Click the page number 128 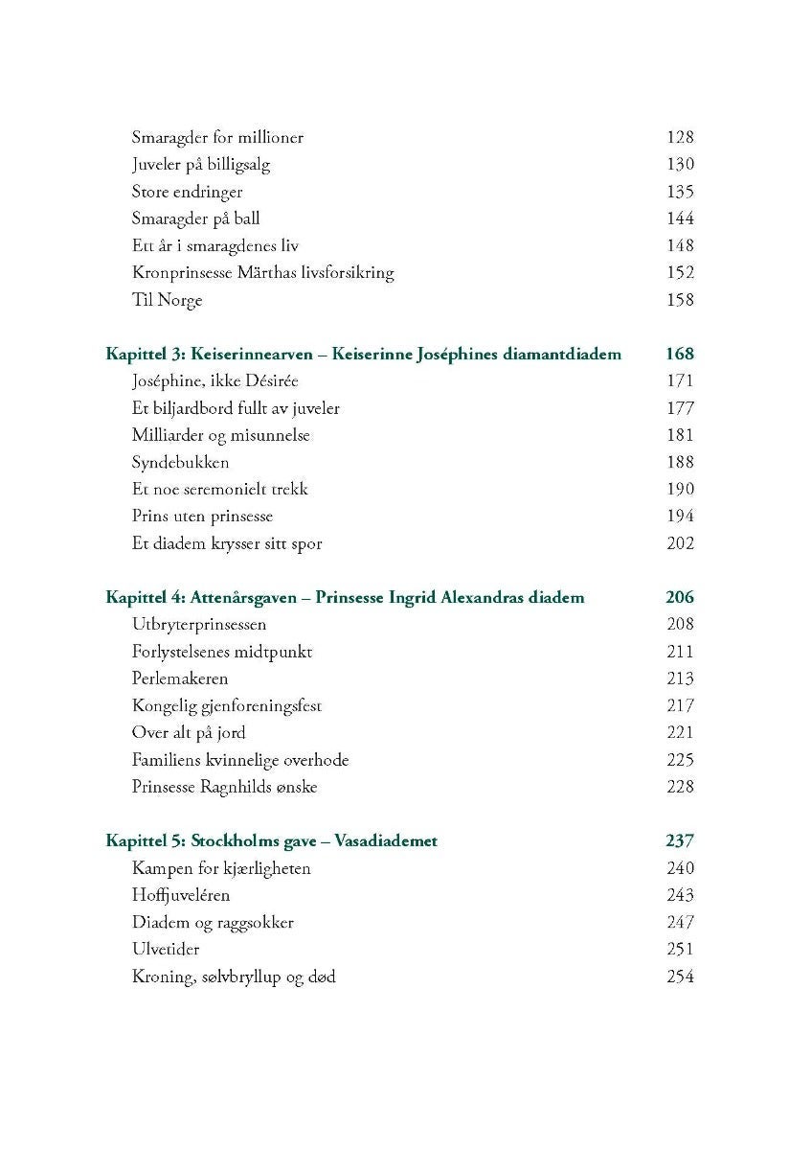pyautogui.click(x=679, y=137)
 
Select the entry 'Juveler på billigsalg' pyautogui.click(x=201, y=164)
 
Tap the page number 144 pyautogui.click(x=679, y=218)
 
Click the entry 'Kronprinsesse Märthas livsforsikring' pyautogui.click(x=262, y=272)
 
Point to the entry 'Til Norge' pyautogui.click(x=167, y=300)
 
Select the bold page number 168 pyautogui.click(x=679, y=354)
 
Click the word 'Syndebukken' pyautogui.click(x=180, y=462)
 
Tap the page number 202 pyautogui.click(x=679, y=543)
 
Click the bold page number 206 pyautogui.click(x=679, y=597)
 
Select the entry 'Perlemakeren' pyautogui.click(x=180, y=678)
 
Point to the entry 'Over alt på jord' pyautogui.click(x=189, y=732)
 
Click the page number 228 pyautogui.click(x=679, y=787)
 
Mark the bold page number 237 pyautogui.click(x=679, y=840)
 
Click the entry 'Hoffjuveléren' pyautogui.click(x=181, y=895)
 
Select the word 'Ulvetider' pyautogui.click(x=164, y=950)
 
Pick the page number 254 pyautogui.click(x=679, y=977)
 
